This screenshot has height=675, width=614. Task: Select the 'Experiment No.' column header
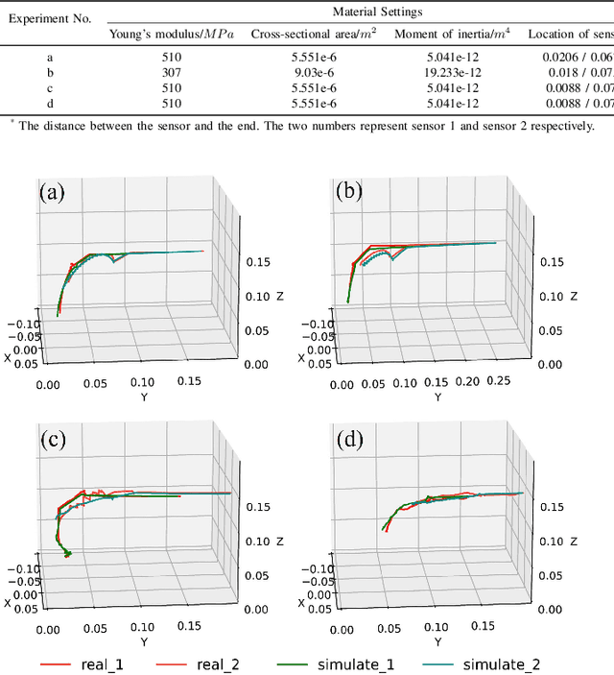[50, 19]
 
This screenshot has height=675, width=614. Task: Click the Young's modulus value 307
[172, 73]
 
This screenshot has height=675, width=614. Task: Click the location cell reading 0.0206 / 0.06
[572, 58]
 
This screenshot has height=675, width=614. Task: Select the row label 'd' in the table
[50, 104]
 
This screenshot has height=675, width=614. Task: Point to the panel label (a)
[51, 191]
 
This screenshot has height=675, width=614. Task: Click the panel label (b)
[350, 191]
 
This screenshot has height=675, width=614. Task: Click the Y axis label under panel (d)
[437, 641]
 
